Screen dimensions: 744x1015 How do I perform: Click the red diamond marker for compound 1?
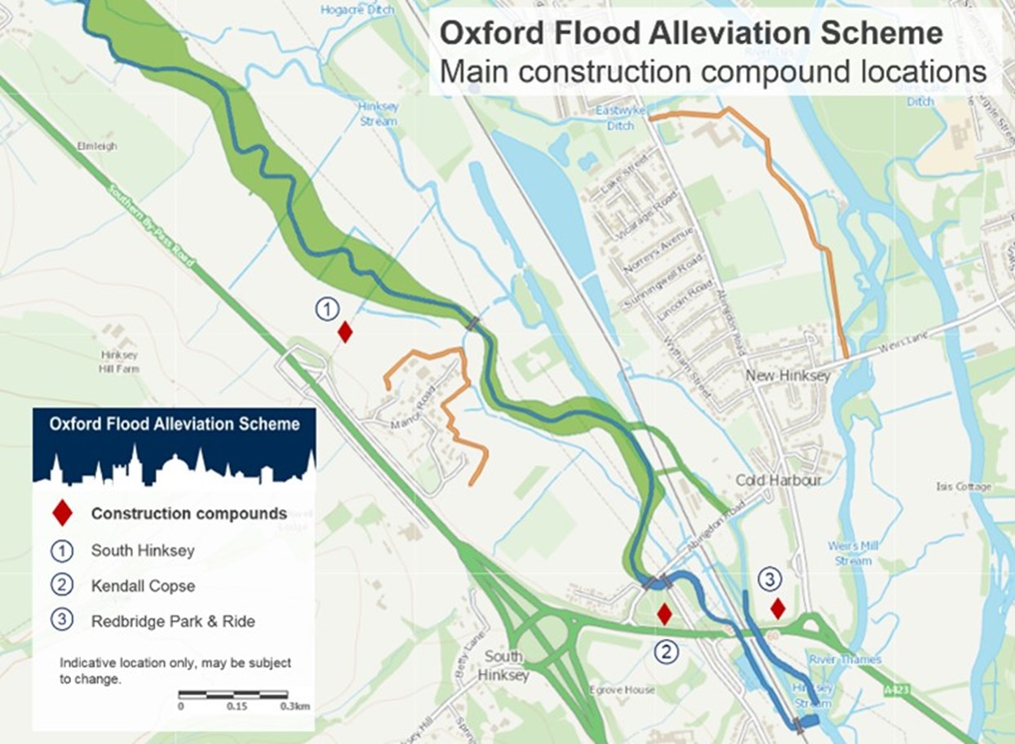point(345,332)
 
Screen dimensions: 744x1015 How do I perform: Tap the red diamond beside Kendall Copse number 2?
point(665,614)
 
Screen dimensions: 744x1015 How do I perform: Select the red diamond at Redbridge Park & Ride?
point(778,609)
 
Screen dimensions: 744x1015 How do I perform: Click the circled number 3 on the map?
point(769,579)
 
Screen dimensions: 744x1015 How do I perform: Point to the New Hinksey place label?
point(788,376)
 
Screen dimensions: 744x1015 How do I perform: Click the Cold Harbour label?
point(778,480)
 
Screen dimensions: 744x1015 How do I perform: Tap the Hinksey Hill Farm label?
point(120,362)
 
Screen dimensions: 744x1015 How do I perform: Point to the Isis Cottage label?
point(964,487)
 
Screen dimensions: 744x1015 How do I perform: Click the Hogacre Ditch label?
point(357,11)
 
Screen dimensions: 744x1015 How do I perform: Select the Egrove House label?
point(622,690)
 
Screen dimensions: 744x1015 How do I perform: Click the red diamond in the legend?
point(62,513)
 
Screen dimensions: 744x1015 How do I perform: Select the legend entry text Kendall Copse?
point(143,586)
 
